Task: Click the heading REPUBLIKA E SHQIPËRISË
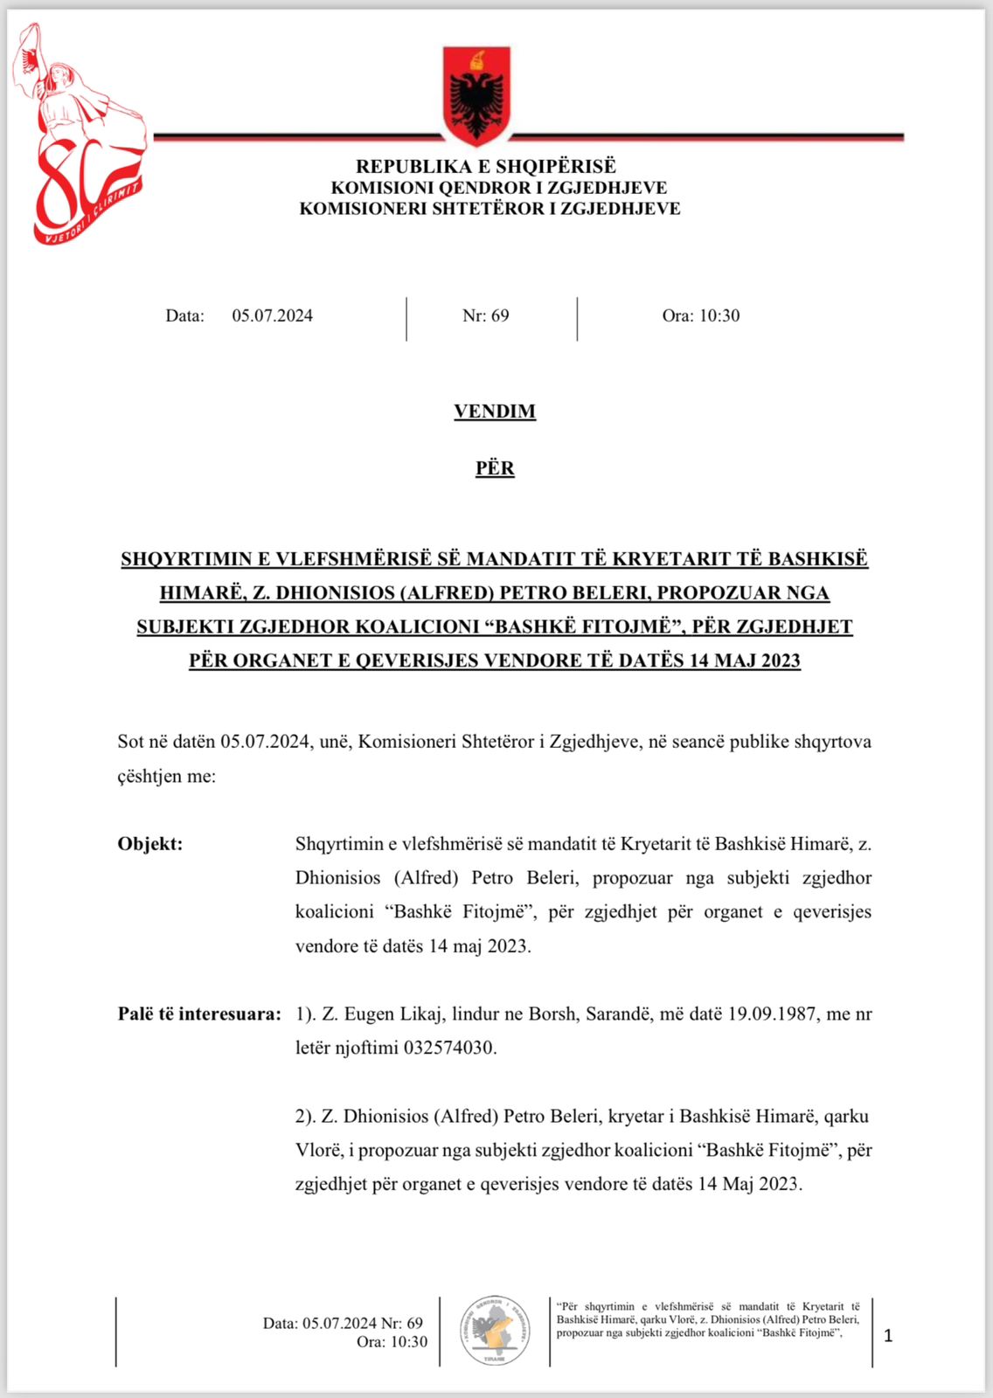point(486,166)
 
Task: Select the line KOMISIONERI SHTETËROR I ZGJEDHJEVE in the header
point(490,209)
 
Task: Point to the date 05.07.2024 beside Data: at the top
point(272,316)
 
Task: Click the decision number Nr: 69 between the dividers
point(486,316)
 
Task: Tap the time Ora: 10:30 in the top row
point(701,316)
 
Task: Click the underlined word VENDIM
point(495,412)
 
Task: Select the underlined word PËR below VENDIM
point(495,468)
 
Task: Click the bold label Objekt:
point(150,844)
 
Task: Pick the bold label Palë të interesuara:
point(199,1014)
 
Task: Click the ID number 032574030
point(449,1048)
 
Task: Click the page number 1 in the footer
point(889,1336)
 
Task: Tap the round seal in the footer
point(495,1331)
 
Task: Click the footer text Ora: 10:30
point(392,1342)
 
